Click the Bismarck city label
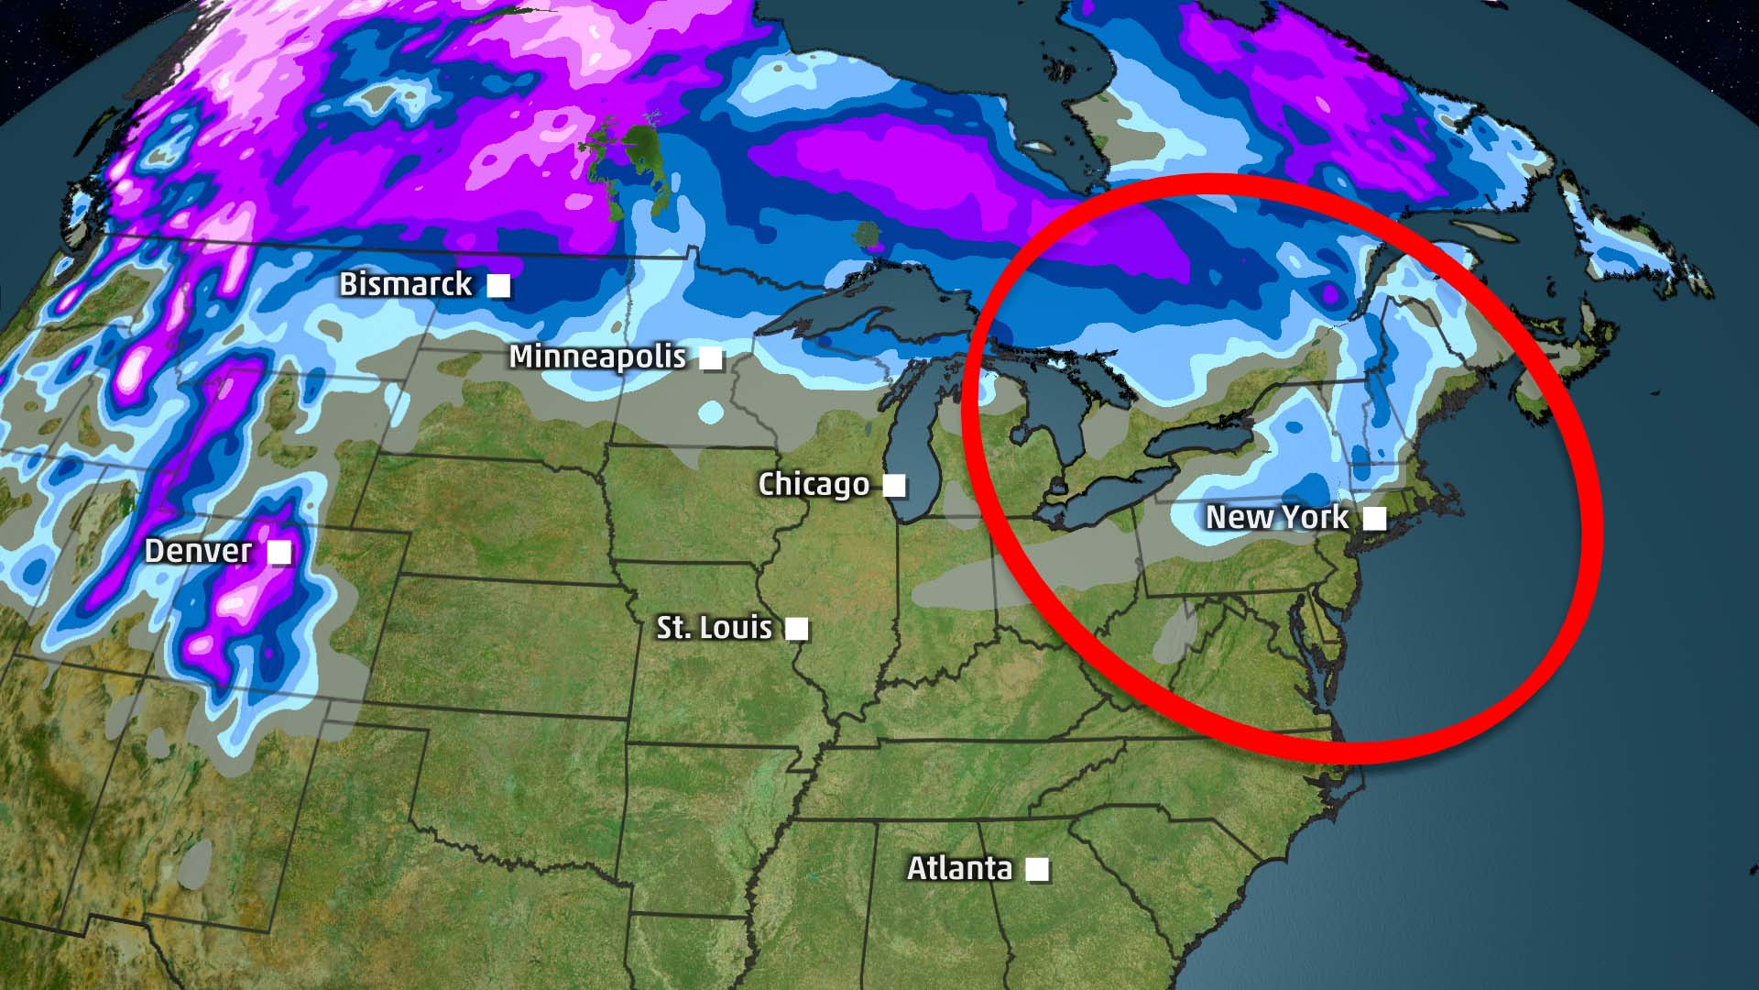coord(405,284)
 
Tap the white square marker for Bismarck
coord(498,286)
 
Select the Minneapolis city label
coord(597,357)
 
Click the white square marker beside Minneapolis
coord(711,358)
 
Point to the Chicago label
coord(814,484)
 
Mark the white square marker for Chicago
coord(894,485)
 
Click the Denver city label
coord(198,551)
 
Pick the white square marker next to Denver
coord(279,552)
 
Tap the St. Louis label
coord(714,628)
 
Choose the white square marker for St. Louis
coord(797,629)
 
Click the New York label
coord(1276,518)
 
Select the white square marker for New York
coord(1374,519)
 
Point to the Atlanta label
coord(959,868)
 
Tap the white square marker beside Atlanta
coord(1037,869)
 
